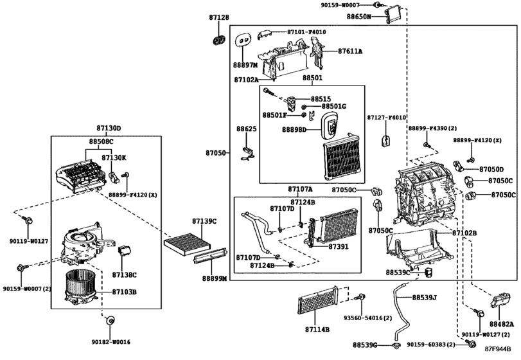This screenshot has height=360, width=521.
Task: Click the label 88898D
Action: pyautogui.click(x=296, y=129)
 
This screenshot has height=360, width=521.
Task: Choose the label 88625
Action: pyautogui.click(x=246, y=129)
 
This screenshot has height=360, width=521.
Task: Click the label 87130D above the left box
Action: pyautogui.click(x=109, y=128)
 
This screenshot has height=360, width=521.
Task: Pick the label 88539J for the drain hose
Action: pyautogui.click(x=424, y=298)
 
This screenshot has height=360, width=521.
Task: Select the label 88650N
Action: pyautogui.click(x=360, y=16)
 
